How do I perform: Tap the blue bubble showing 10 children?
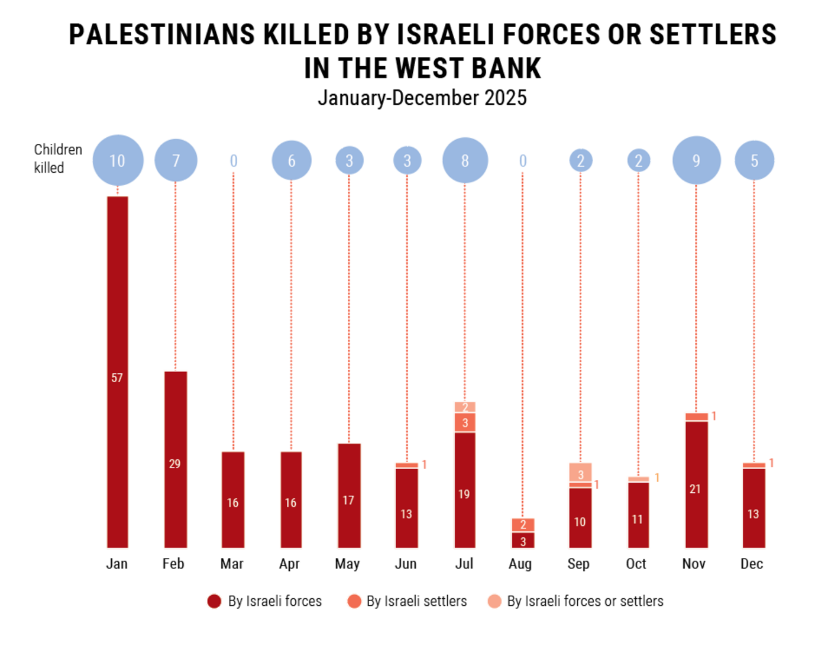[118, 160]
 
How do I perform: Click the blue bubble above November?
[696, 160]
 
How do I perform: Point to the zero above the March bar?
[234, 161]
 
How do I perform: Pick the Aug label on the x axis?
[520, 564]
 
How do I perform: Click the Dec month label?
[752, 564]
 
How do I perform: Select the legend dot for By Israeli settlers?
[354, 602]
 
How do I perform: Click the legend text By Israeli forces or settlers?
[585, 601]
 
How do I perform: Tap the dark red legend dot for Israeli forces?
[214, 602]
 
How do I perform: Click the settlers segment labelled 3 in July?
[465, 422]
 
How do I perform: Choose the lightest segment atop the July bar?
[465, 407]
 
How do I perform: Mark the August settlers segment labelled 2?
[523, 525]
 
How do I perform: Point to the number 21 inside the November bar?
[695, 489]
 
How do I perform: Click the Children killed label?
[57, 159]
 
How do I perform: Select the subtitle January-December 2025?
[422, 98]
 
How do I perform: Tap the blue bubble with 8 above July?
[465, 160]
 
